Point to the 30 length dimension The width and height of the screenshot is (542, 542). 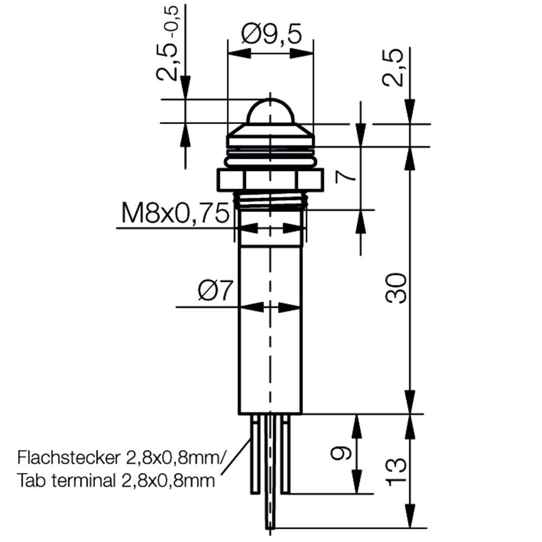pyautogui.click(x=398, y=288)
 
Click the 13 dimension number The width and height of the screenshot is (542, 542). pyautogui.click(x=398, y=472)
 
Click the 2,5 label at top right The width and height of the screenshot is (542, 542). pyautogui.click(x=394, y=68)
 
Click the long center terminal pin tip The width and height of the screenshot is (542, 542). pyautogui.click(x=270, y=523)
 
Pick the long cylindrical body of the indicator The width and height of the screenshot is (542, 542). pyautogui.click(x=270, y=325)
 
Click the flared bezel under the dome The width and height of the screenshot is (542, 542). pyautogui.click(x=270, y=133)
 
